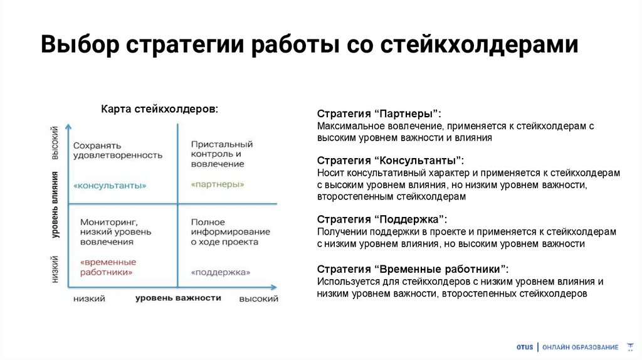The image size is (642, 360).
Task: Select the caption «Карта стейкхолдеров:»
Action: pyautogui.click(x=160, y=109)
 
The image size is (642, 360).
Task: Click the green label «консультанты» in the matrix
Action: pyautogui.click(x=110, y=186)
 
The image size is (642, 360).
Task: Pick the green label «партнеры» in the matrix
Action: pyautogui.click(x=218, y=184)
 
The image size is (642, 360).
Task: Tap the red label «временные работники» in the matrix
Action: pyautogui.click(x=108, y=267)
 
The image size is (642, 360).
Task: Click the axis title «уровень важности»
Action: pyautogui.click(x=178, y=298)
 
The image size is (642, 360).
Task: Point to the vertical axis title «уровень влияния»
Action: pyautogui.click(x=56, y=205)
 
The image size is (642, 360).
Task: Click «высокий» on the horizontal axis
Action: pyautogui.click(x=258, y=299)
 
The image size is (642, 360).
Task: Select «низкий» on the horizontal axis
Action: pyautogui.click(x=89, y=299)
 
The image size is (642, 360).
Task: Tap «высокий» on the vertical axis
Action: pyautogui.click(x=56, y=144)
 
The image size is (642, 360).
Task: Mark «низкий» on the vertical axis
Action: pyautogui.click(x=56, y=268)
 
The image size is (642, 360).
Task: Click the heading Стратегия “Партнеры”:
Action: pyautogui.click(x=379, y=114)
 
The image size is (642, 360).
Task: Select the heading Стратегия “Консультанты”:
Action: pyautogui.click(x=391, y=160)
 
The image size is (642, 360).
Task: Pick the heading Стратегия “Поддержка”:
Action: pyautogui.click(x=382, y=219)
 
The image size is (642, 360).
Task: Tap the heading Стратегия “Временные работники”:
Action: pyautogui.click(x=413, y=269)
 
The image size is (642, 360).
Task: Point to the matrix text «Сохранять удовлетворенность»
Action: pyautogui.click(x=117, y=150)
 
